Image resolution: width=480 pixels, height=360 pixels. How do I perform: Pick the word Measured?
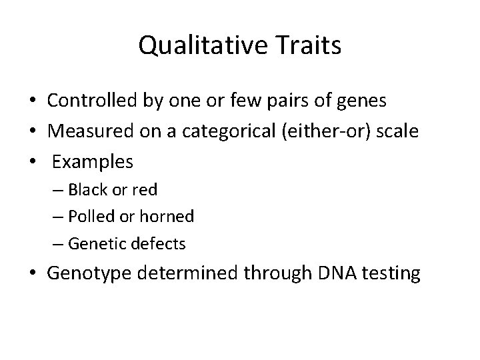point(84,131)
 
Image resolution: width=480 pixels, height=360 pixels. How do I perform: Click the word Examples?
point(93,162)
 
